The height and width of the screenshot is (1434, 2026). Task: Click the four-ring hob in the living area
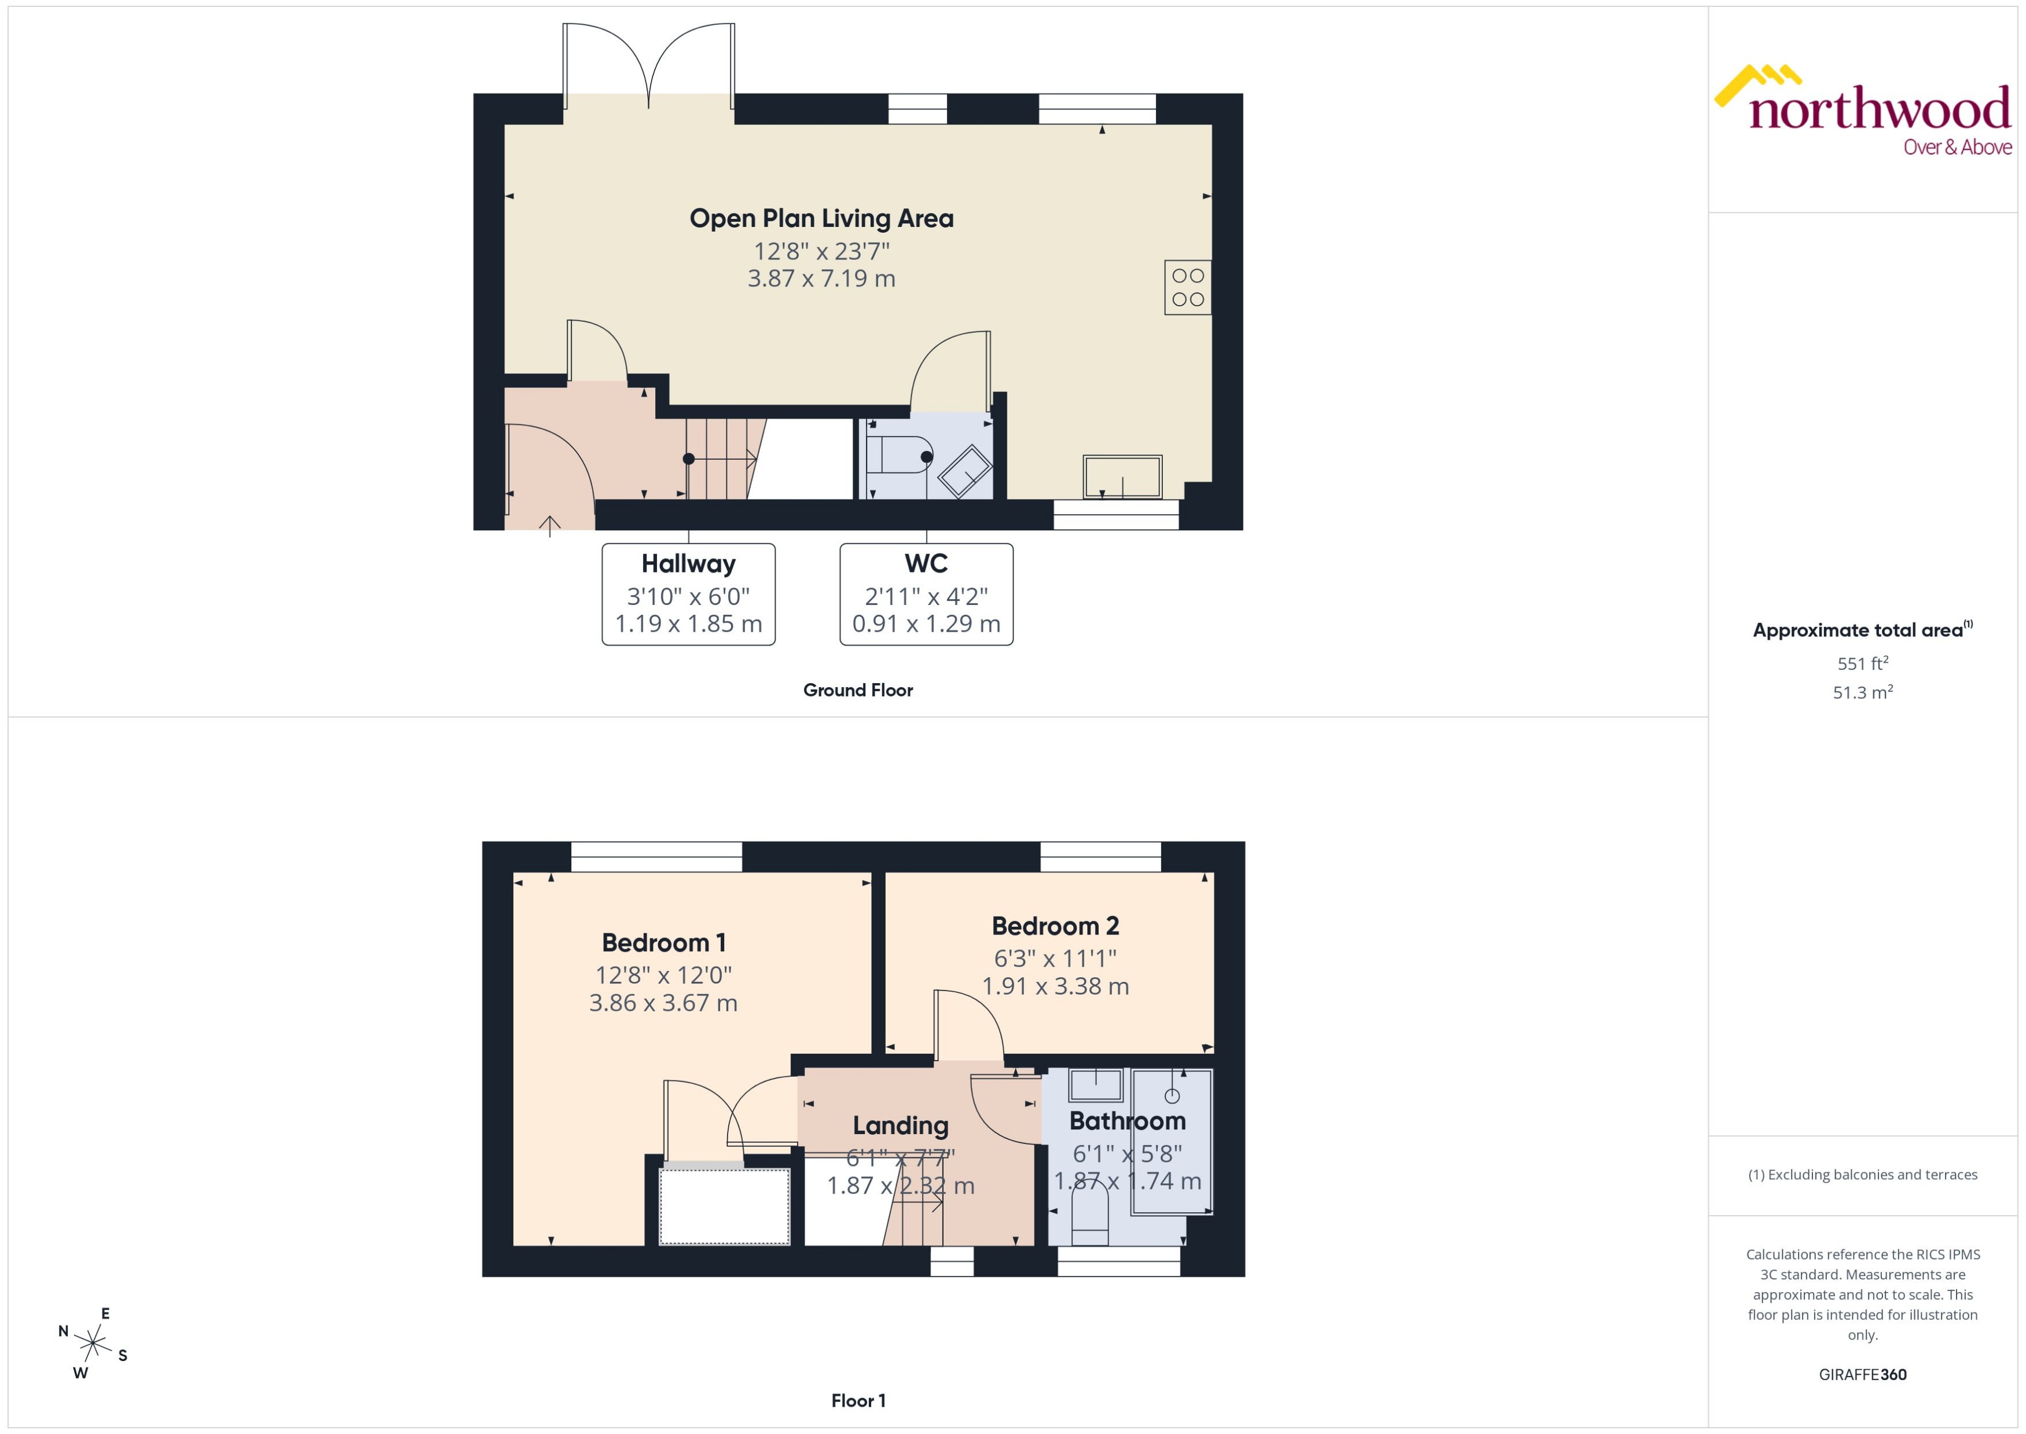coord(1187,287)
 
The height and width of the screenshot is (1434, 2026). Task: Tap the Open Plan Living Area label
coord(821,218)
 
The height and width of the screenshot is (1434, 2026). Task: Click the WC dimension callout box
coord(926,594)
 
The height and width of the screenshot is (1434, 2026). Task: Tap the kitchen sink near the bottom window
coord(1122,477)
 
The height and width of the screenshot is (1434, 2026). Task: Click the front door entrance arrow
coord(550,526)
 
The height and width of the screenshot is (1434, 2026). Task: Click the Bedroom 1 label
coord(664,943)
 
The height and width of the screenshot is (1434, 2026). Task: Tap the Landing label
coord(901,1126)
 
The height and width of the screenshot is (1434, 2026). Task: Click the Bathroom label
coord(1127,1121)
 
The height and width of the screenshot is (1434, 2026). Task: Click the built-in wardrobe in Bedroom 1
coord(725,1206)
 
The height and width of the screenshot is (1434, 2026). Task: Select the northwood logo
coord(1863,111)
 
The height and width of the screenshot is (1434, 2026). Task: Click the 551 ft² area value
coord(1863,663)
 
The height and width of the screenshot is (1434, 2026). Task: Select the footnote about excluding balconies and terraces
coord(1863,1175)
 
